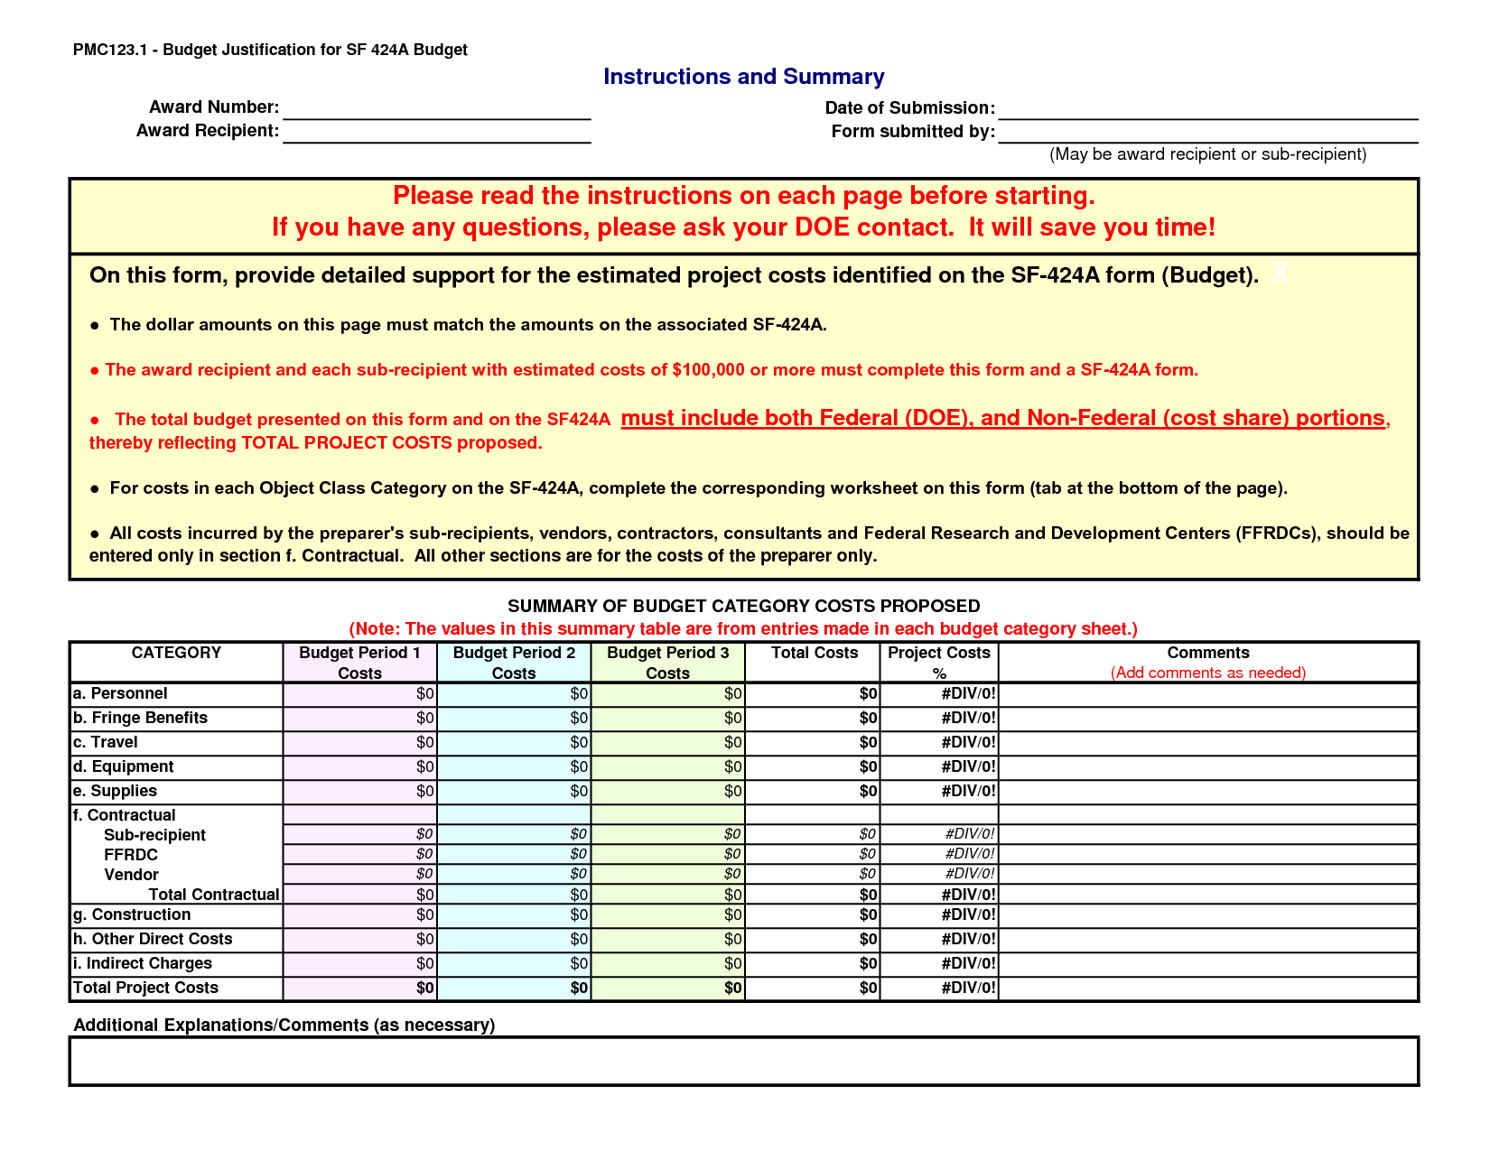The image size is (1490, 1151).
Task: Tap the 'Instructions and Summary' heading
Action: point(743,77)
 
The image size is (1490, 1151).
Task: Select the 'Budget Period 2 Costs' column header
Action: point(514,663)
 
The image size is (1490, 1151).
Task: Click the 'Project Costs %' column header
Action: point(938,663)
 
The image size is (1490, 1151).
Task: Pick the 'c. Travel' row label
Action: point(106,742)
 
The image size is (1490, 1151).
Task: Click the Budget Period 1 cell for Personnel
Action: point(360,694)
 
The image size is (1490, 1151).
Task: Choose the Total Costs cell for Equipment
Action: point(813,767)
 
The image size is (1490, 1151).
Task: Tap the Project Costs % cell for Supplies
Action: point(939,792)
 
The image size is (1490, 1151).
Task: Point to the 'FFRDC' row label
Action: point(131,855)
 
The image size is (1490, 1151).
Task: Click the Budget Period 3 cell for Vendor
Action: point(668,874)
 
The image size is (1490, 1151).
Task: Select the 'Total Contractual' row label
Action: point(214,895)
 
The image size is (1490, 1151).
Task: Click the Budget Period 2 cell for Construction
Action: point(514,915)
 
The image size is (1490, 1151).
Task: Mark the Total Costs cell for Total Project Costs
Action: point(813,989)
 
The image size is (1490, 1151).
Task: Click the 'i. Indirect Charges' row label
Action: point(143,963)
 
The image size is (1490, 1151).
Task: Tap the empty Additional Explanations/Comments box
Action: point(743,1061)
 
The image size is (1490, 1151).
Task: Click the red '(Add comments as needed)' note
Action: point(1207,673)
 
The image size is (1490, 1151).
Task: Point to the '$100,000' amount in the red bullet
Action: point(709,369)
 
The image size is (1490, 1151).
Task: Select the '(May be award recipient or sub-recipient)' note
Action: point(1207,154)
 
